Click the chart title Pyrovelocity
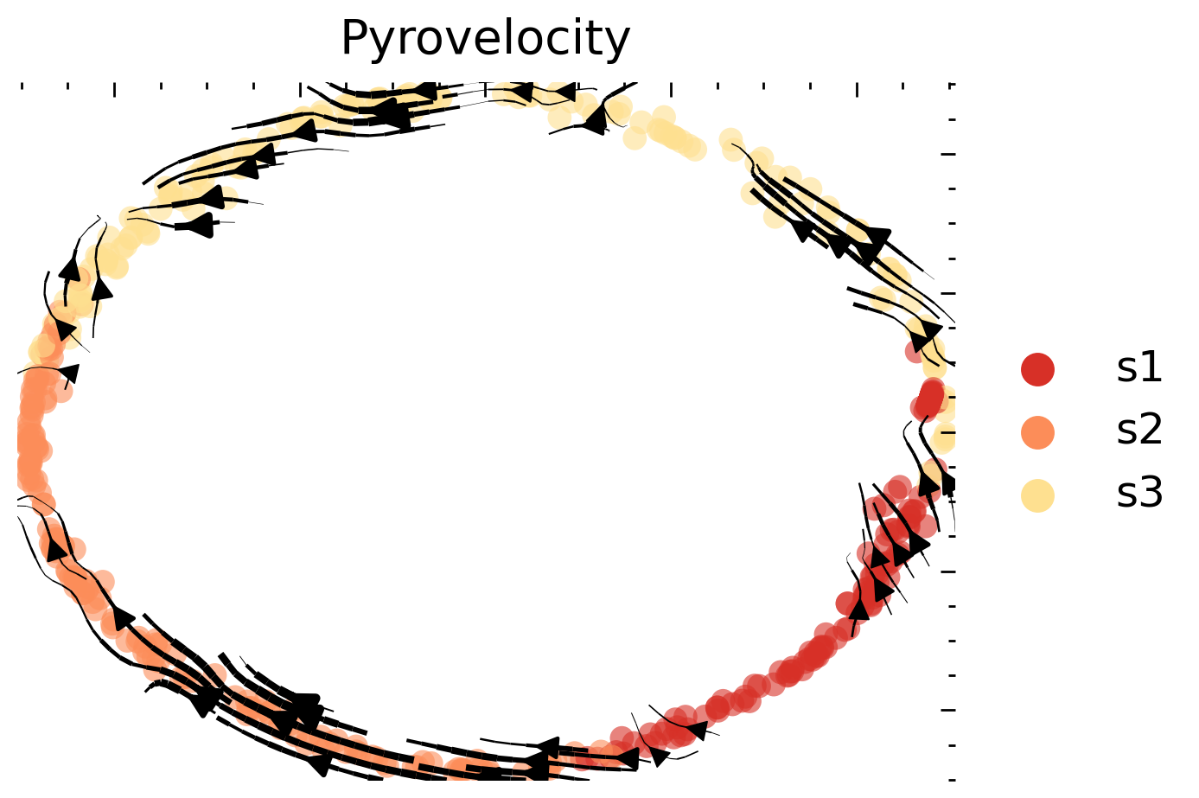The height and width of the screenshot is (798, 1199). point(485,39)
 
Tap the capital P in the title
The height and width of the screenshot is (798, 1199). point(355,39)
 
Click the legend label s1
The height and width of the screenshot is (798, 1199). point(1138,368)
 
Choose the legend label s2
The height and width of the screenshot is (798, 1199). point(1138,431)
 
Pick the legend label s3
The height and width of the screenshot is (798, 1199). point(1138,494)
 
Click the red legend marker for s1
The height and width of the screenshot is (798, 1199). point(1037,369)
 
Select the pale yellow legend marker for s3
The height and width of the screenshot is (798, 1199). point(1037,495)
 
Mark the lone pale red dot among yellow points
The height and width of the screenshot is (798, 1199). point(915,351)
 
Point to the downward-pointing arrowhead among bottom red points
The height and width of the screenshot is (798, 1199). point(659,757)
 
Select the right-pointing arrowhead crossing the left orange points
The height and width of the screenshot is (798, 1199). point(69,373)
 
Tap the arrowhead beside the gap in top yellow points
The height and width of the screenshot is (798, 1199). point(595,121)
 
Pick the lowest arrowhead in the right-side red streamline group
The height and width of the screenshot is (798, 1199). point(858,608)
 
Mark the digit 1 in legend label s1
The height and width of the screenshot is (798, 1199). point(1151,368)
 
